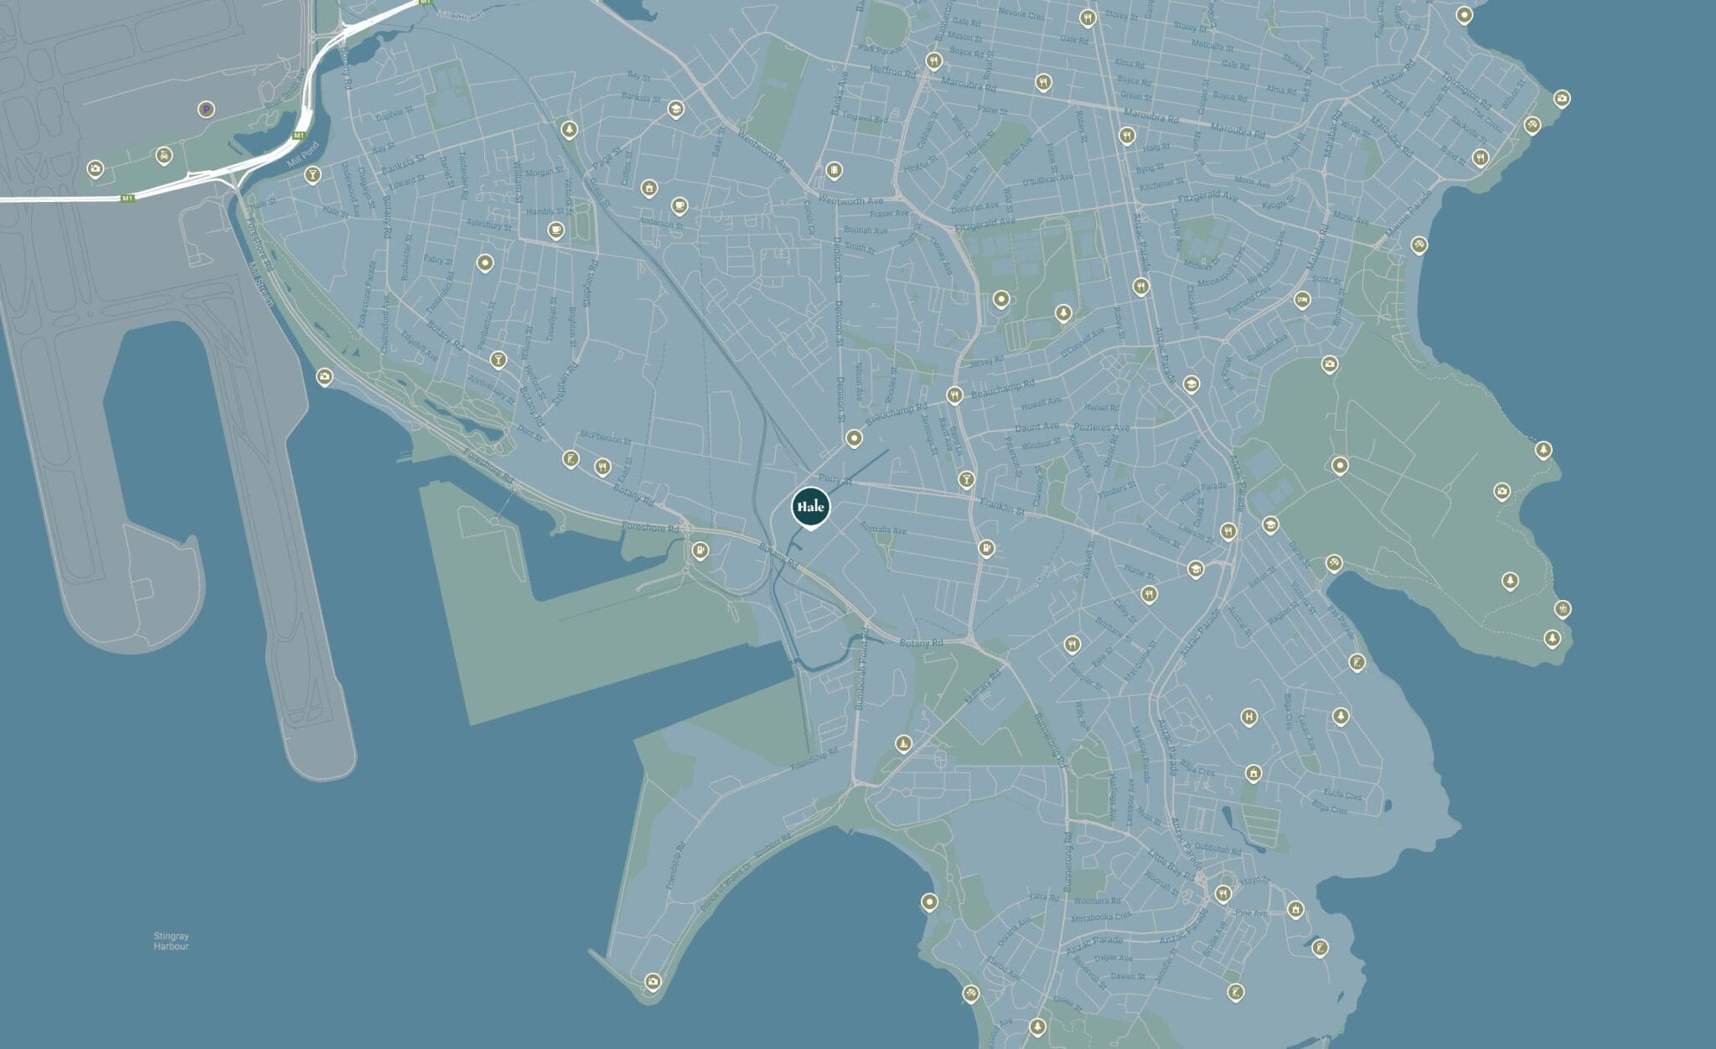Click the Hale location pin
click(x=810, y=507)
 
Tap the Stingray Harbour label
click(x=171, y=941)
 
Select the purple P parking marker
click(x=205, y=109)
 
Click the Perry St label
click(x=835, y=479)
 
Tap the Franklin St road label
click(x=1002, y=506)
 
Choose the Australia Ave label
click(x=883, y=530)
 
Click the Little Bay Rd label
click(x=1171, y=865)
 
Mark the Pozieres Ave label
click(x=1102, y=427)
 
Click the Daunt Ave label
click(x=1036, y=427)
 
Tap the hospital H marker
click(x=1248, y=716)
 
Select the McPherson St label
click(x=606, y=438)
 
